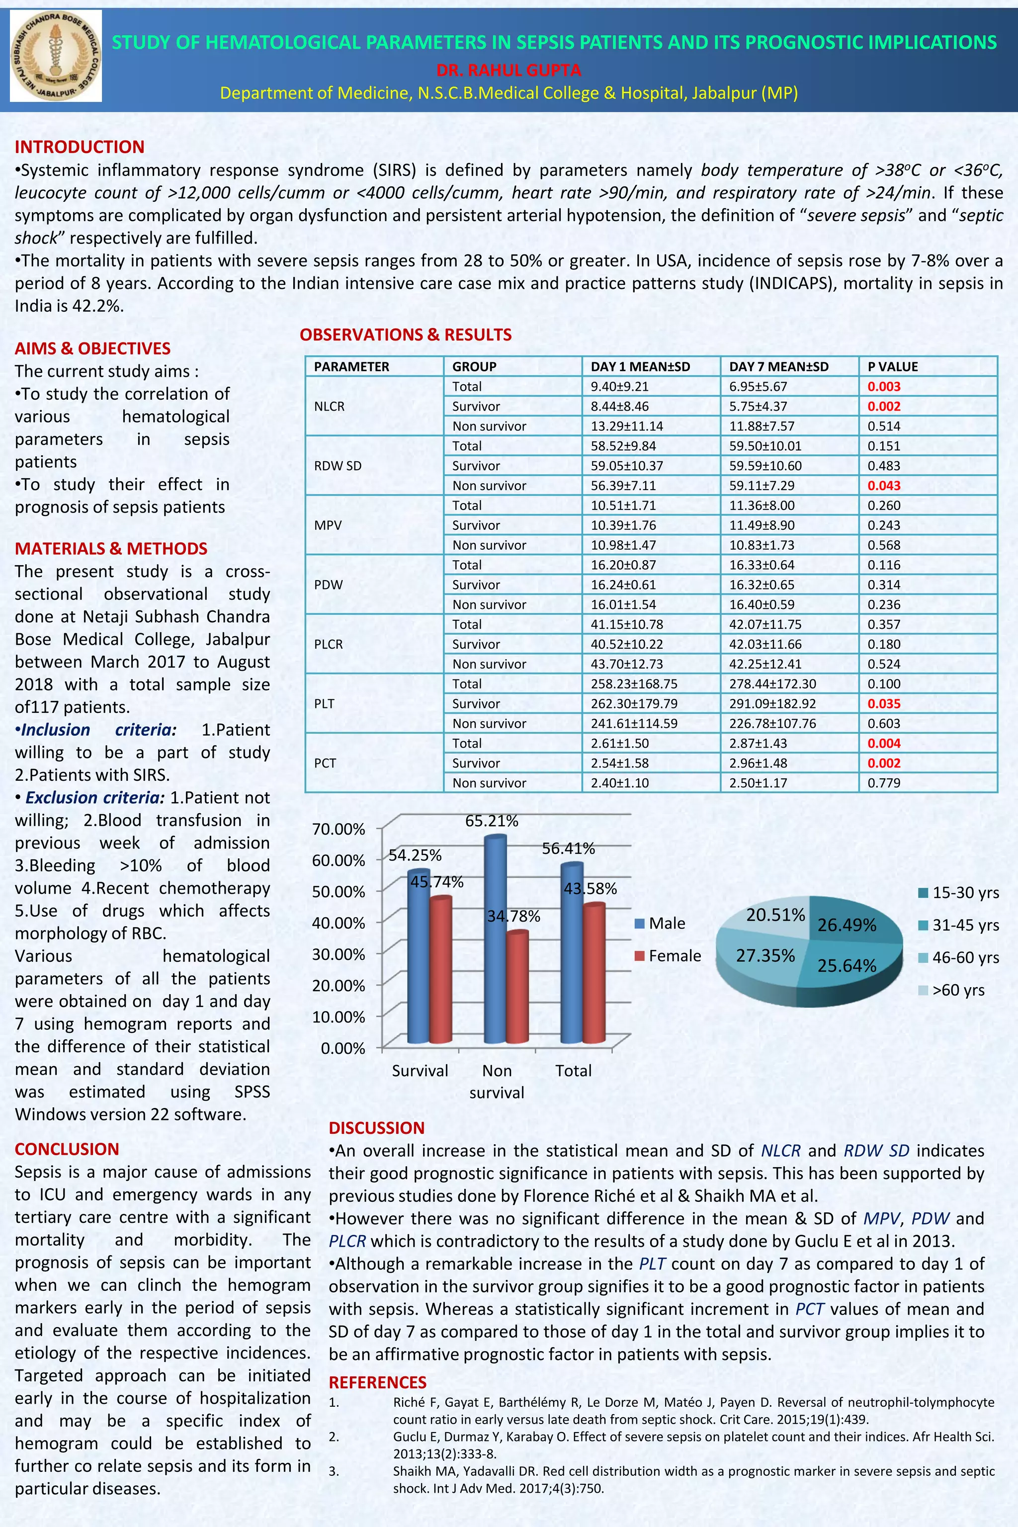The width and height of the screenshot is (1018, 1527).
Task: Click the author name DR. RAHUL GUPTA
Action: pyautogui.click(x=509, y=70)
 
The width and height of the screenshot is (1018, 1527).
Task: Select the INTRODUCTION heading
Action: pyautogui.click(x=79, y=147)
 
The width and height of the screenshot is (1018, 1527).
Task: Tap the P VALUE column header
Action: pyautogui.click(x=892, y=366)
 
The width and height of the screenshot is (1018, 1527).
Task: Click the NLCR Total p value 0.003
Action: pyautogui.click(x=884, y=386)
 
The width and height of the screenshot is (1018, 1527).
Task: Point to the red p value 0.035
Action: pyautogui.click(x=884, y=704)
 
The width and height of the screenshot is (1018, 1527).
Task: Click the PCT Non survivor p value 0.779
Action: pyautogui.click(x=884, y=783)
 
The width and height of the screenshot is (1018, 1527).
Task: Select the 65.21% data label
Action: pyautogui.click(x=492, y=821)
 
